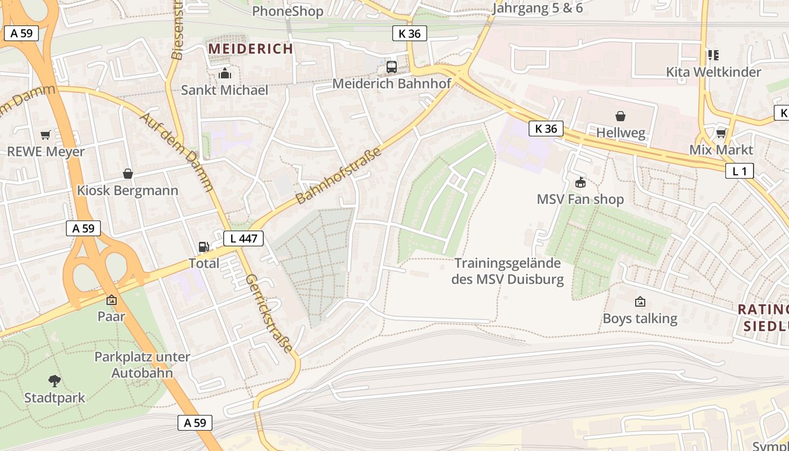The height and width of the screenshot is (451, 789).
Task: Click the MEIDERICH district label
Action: (x=251, y=49)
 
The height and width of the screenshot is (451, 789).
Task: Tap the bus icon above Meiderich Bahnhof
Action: (x=392, y=67)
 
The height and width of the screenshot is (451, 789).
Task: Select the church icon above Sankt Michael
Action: (x=224, y=74)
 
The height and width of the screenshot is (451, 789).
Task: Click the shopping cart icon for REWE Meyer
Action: (x=46, y=135)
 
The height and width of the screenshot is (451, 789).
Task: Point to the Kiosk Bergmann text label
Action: (x=127, y=191)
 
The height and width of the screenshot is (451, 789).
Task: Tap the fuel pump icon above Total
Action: (x=203, y=247)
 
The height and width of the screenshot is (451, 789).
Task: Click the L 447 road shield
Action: (x=243, y=238)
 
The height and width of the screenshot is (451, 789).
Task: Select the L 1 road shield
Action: (x=739, y=171)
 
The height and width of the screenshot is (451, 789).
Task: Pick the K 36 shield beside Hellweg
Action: (x=546, y=129)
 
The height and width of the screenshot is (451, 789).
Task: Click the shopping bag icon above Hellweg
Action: (x=620, y=117)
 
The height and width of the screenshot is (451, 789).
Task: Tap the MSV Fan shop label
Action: (x=580, y=200)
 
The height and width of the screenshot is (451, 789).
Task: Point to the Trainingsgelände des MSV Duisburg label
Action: (x=507, y=271)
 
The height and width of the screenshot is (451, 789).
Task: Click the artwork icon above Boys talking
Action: (x=640, y=302)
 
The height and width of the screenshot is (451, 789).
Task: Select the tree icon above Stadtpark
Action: (x=55, y=381)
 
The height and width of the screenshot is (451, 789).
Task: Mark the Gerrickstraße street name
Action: (x=269, y=313)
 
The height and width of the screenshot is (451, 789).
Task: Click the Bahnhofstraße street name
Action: (x=339, y=175)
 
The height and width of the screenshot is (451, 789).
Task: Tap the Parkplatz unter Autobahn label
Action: (x=142, y=365)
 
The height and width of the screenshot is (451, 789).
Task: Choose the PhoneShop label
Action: (x=287, y=11)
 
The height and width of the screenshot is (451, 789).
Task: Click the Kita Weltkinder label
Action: (x=713, y=72)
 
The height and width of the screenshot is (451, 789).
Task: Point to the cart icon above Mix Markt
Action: (x=721, y=134)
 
